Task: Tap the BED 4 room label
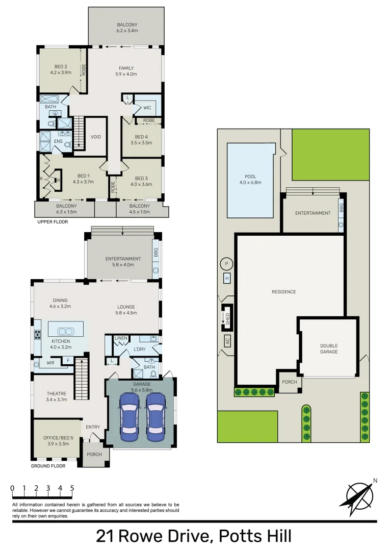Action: (142, 137)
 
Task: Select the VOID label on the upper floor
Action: (96, 137)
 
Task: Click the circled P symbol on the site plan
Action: (226, 264)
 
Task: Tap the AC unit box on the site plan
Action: (227, 341)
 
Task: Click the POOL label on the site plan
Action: (250, 177)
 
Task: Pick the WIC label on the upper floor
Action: (147, 108)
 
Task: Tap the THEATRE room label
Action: (57, 393)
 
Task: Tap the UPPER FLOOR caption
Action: (53, 222)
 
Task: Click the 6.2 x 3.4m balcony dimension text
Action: (127, 31)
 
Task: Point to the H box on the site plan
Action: (227, 278)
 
